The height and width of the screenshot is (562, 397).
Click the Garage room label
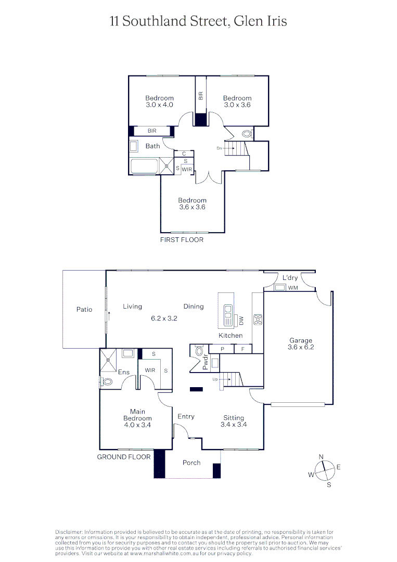click(x=301, y=341)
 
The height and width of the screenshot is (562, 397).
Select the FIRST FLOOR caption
click(x=182, y=240)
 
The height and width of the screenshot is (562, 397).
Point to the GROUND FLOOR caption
click(x=124, y=457)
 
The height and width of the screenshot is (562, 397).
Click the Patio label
click(x=84, y=310)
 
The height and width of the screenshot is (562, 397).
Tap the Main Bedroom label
click(x=137, y=415)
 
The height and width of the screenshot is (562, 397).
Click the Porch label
click(x=191, y=463)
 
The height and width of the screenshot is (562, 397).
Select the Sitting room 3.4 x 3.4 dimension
click(x=234, y=425)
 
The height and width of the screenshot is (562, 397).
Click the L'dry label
click(x=290, y=278)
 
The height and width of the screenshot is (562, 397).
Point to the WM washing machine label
click(x=293, y=288)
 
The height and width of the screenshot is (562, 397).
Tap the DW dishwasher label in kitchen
click(x=241, y=321)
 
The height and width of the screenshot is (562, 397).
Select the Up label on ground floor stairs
click(x=215, y=379)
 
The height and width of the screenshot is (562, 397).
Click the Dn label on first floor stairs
click(x=220, y=148)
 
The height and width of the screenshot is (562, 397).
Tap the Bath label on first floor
click(x=152, y=146)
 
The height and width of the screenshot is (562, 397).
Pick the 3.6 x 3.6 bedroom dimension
click(x=192, y=207)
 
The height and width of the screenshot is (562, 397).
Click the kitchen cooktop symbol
click(x=257, y=319)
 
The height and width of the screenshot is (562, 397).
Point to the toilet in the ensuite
click(x=107, y=382)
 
